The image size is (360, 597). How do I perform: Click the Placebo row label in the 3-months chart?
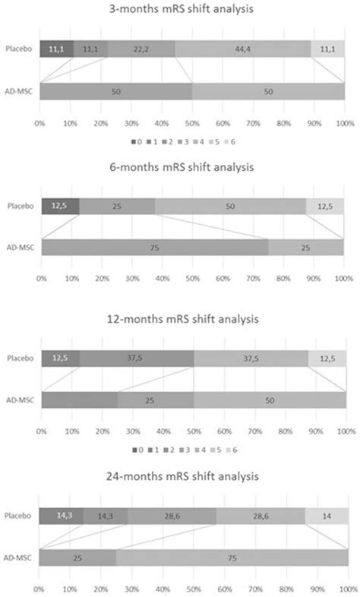pos(19,48)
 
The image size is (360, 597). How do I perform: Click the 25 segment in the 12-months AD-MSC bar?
pos(155,400)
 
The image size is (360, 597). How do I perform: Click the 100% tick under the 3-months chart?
pos(343,121)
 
